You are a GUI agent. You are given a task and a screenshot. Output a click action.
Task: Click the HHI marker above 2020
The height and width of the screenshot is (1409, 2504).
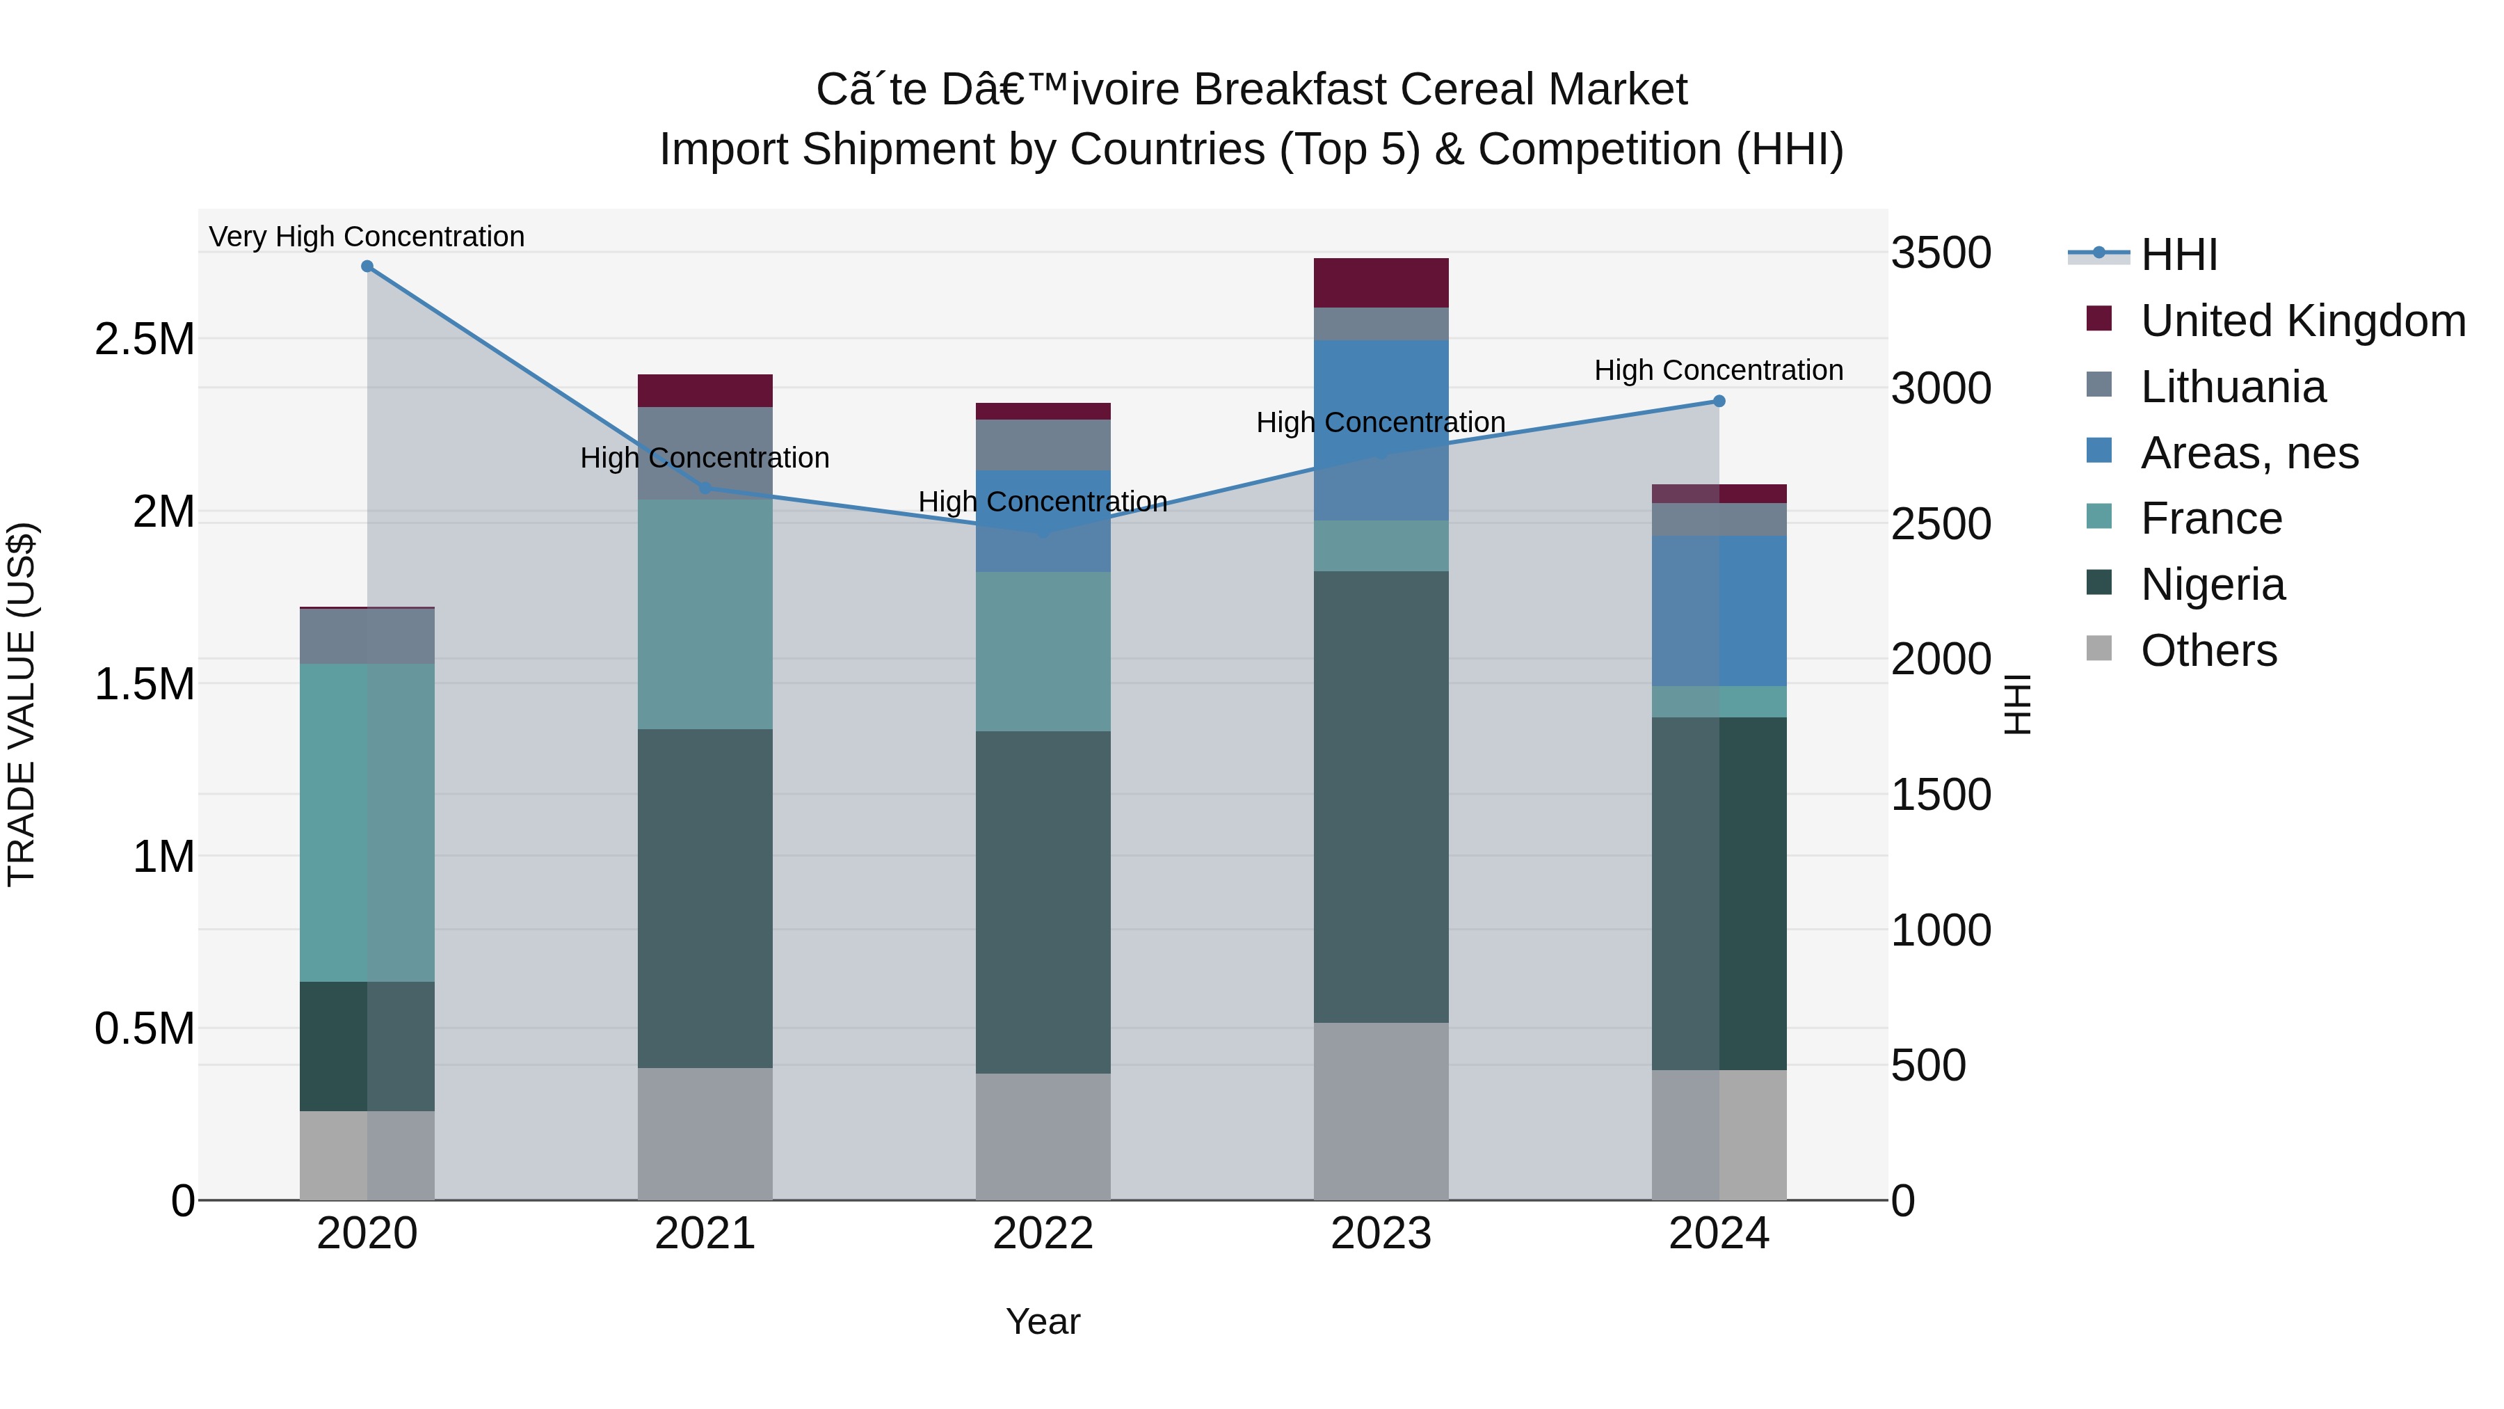[x=367, y=266]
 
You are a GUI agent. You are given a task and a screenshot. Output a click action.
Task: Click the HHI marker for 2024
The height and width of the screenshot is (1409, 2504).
[x=1719, y=401]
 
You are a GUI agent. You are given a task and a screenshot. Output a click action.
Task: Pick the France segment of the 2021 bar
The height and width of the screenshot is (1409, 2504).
[x=705, y=614]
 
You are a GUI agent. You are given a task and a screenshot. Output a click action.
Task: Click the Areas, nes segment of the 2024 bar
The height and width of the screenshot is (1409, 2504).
[x=1719, y=611]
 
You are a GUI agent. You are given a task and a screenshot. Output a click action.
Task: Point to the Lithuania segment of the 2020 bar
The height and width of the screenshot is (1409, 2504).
[x=367, y=636]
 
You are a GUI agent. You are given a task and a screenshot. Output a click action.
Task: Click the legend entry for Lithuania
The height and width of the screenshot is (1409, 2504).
[x=2232, y=387]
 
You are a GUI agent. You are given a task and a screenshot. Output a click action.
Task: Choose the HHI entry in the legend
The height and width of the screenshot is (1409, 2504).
[x=2177, y=255]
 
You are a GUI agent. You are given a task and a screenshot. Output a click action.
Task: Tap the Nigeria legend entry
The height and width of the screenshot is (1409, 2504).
[x=2213, y=584]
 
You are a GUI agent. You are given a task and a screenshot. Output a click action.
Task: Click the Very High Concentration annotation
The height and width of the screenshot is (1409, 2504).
[x=367, y=237]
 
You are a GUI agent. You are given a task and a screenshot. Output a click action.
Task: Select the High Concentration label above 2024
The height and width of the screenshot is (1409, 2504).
[x=1719, y=370]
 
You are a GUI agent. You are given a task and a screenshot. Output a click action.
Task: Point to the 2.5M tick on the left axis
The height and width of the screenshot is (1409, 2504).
[x=144, y=340]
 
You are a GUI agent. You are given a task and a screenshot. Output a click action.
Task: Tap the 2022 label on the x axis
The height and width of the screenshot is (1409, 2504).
[x=1043, y=1234]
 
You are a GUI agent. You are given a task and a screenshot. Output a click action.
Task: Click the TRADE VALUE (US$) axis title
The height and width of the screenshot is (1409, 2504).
[x=22, y=704]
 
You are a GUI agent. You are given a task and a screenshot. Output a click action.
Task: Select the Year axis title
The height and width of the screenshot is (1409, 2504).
[x=1043, y=1321]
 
